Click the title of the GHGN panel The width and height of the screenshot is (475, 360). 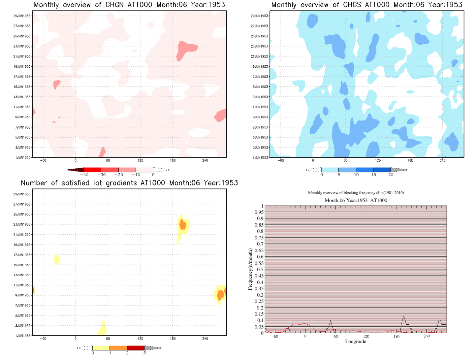[129, 5]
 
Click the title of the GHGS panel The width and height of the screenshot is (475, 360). [366, 5]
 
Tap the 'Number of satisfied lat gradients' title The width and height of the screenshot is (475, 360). [129, 183]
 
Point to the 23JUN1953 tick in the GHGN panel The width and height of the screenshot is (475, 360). [22, 47]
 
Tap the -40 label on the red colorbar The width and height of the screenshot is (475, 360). [84, 175]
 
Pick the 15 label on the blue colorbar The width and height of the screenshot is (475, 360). [373, 175]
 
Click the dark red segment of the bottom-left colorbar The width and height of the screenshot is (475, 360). [136, 348]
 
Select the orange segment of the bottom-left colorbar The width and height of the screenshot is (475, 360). [118, 348]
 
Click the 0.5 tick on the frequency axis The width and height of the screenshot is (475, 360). [260, 270]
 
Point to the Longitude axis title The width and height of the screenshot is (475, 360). [355, 342]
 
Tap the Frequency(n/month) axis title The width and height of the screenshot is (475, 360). [250, 269]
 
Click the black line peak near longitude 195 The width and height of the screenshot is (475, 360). [404, 316]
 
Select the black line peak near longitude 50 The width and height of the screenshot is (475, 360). [331, 320]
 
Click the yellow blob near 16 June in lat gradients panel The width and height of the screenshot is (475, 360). [57, 260]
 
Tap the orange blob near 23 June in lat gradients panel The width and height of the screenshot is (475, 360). [183, 225]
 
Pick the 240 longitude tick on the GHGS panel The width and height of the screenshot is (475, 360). [442, 161]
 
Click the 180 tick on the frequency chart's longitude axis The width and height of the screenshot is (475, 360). [396, 336]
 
